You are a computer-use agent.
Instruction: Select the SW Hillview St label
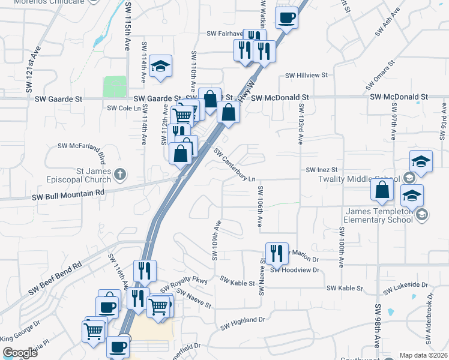tap(306, 76)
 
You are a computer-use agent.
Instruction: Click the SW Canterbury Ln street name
tap(235, 167)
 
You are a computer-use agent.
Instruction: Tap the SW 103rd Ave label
tap(300, 124)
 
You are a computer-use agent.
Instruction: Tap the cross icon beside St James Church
tap(120, 175)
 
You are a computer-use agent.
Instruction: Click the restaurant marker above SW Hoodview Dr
tap(277, 253)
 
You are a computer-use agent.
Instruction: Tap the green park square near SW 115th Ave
tap(115, 86)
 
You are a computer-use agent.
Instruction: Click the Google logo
tap(20, 353)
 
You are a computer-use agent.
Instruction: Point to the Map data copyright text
tap(423, 355)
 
